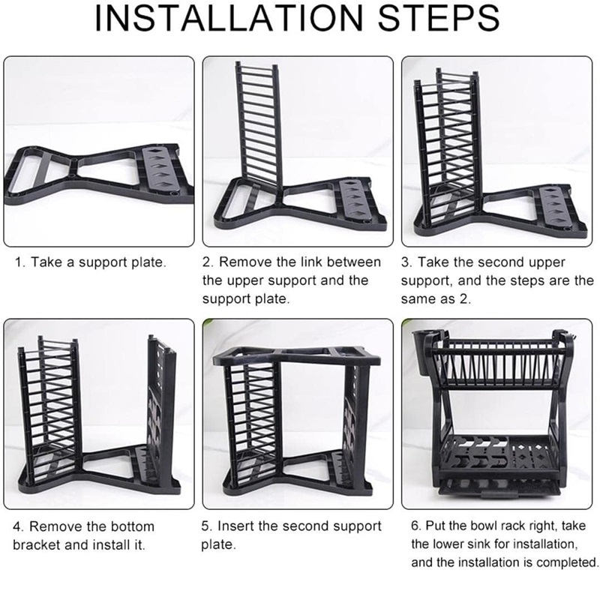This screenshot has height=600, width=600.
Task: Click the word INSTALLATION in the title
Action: pos(229,18)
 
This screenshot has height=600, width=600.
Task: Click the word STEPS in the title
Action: pos(439,18)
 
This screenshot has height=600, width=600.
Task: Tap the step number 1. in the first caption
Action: pos(20,262)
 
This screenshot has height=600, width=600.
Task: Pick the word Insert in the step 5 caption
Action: pos(235,526)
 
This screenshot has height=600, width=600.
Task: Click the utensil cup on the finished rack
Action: pos(422,353)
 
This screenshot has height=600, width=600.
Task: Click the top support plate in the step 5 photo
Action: pos(296,355)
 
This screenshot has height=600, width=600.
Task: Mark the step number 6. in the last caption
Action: pos(416,526)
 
